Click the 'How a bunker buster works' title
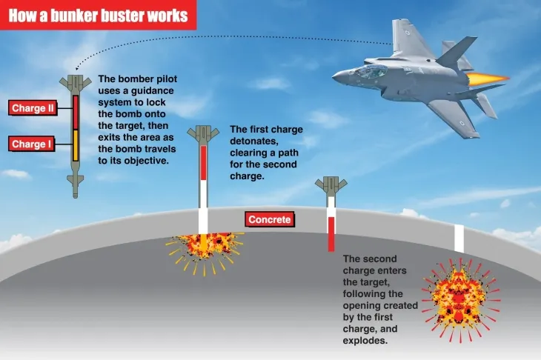(x=98, y=15)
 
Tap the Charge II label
(x=33, y=109)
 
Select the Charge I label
(x=31, y=144)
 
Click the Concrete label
(x=269, y=219)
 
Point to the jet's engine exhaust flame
(x=494, y=77)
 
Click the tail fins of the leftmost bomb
(x=75, y=82)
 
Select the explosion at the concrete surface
(x=205, y=245)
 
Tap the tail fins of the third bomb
(x=331, y=184)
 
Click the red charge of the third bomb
(x=331, y=233)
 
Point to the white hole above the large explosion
(x=459, y=239)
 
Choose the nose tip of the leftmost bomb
(x=75, y=194)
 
